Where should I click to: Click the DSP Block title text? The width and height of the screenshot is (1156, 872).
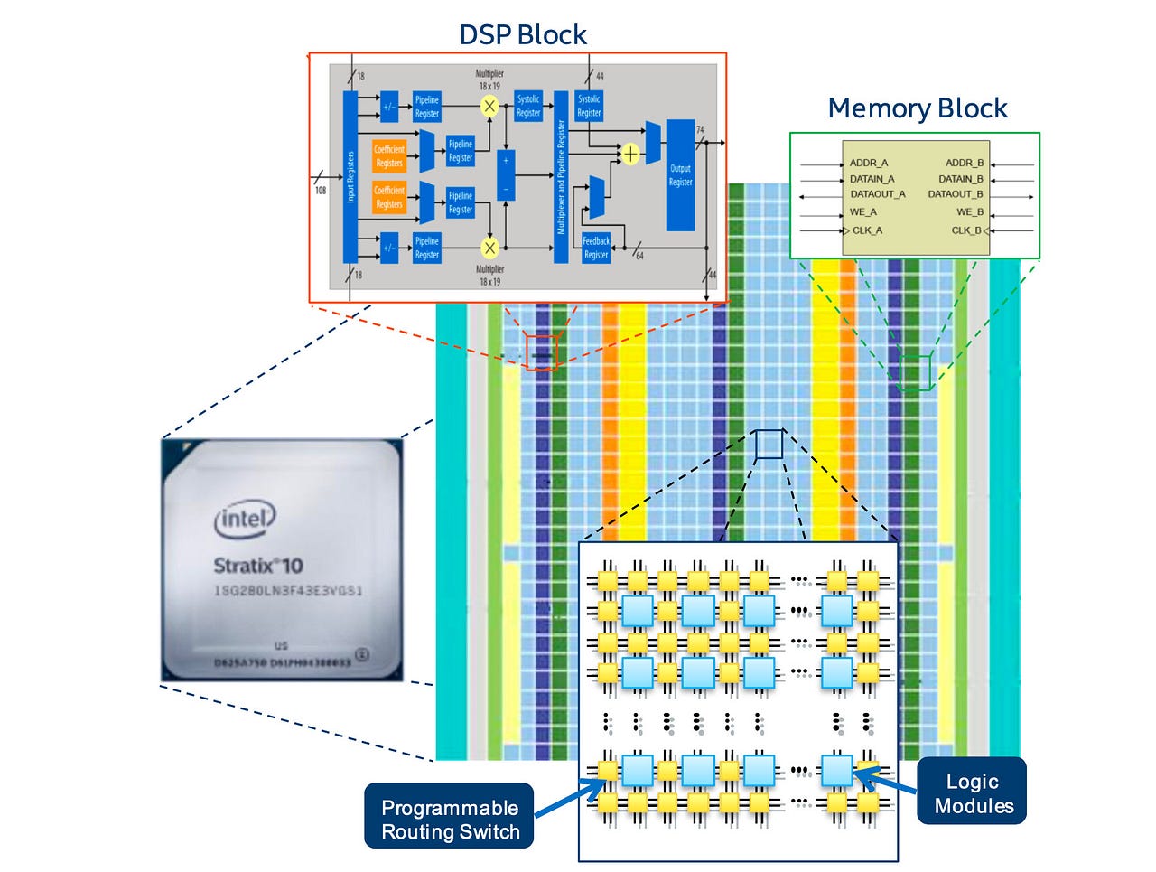point(522,34)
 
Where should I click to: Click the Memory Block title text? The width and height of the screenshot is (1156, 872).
point(917,108)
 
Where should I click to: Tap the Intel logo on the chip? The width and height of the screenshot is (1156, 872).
point(245,519)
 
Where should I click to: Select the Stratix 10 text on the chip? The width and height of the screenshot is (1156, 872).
point(258,566)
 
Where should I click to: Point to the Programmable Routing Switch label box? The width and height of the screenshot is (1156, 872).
point(450,819)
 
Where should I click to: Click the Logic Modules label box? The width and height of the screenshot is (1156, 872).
point(973,792)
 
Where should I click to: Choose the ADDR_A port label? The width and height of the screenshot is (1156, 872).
point(868,163)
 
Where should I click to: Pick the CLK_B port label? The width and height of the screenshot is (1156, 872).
point(966,230)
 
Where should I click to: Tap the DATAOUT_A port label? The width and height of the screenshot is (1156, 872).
point(876,193)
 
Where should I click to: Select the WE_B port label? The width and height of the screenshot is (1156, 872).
point(969,211)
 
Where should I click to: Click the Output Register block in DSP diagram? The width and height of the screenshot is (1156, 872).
point(680,175)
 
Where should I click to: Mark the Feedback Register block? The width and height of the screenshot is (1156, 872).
point(596,248)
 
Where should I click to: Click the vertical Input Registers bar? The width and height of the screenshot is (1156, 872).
point(350,176)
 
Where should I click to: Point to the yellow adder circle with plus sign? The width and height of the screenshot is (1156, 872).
point(630,154)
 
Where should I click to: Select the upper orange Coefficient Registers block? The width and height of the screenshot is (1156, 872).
point(389,155)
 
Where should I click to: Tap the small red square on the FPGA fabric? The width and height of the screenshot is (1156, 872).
point(542,352)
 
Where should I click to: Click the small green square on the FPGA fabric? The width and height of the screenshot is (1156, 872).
point(914,373)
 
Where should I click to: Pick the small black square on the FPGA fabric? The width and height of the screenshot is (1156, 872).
point(769,444)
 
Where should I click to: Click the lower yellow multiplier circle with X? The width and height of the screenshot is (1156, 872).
point(489,247)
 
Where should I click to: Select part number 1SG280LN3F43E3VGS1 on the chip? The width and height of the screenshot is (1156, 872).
point(287,591)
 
